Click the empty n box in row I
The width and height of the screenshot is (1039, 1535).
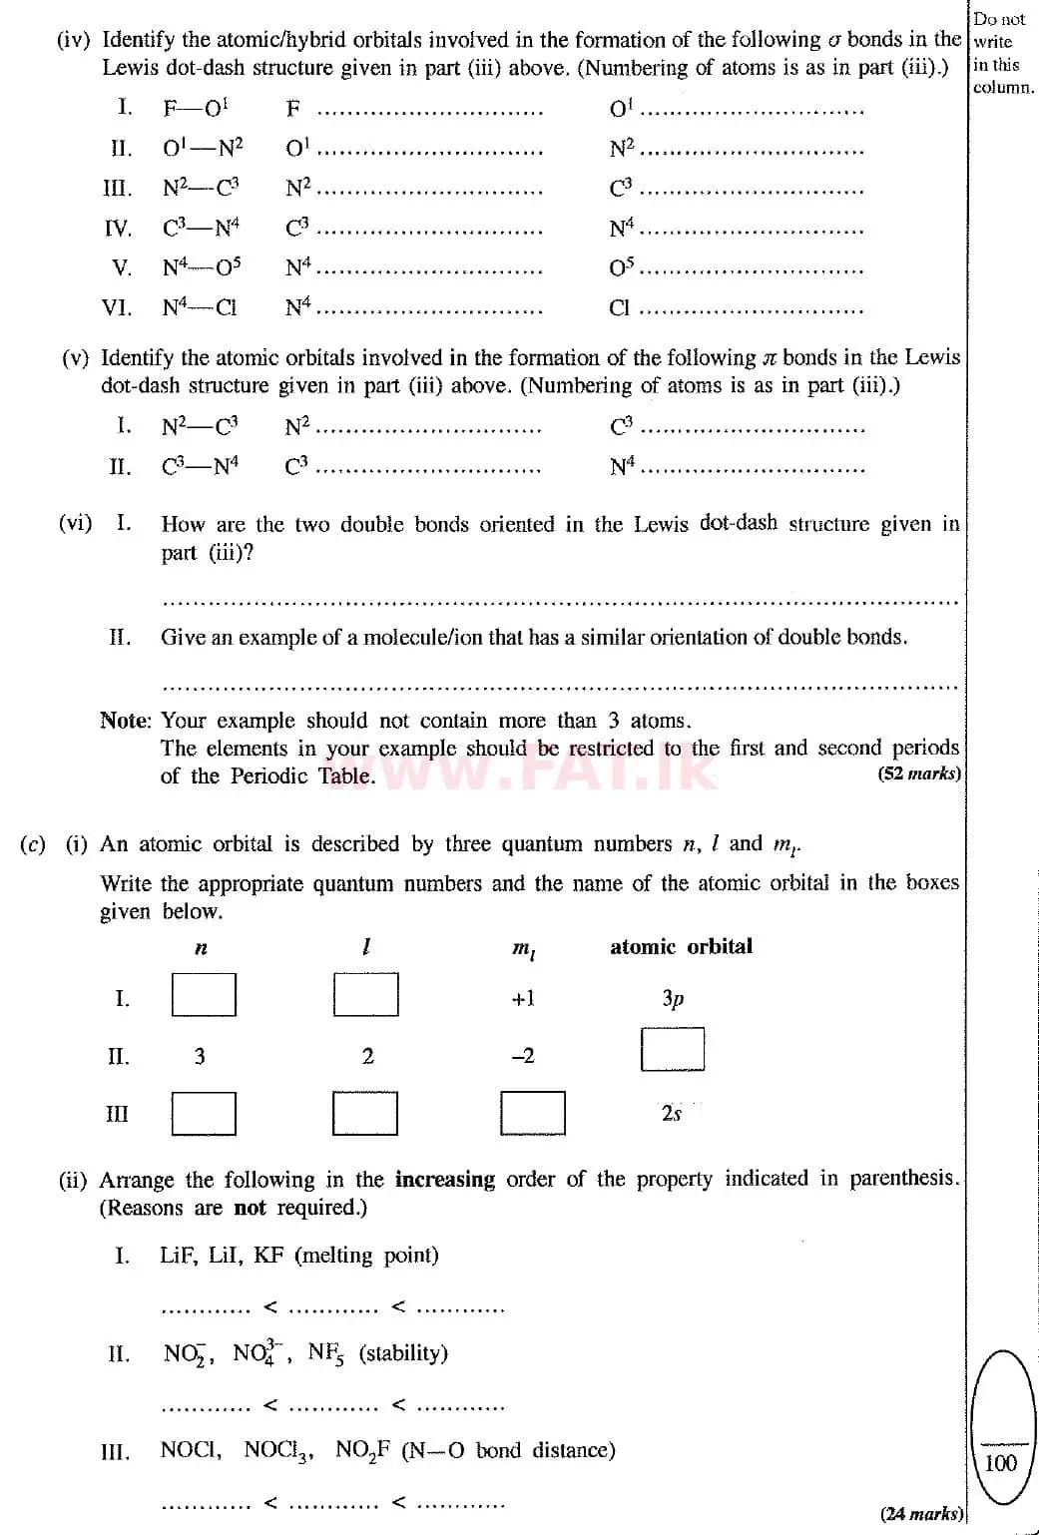[204, 994]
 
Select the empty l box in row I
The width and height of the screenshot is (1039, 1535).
[365, 994]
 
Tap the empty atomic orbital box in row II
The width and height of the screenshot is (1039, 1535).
[672, 1049]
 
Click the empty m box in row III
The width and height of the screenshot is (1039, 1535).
[532, 1113]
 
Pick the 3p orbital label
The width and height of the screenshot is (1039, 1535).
[673, 998]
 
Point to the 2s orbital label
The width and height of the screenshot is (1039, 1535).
[671, 1113]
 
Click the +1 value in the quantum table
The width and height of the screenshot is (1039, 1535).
[523, 998]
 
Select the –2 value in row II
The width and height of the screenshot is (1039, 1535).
[523, 1056]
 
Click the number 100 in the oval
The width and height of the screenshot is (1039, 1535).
[1000, 1463]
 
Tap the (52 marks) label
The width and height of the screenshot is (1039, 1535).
[919, 773]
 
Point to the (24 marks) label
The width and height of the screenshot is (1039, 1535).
[920, 1513]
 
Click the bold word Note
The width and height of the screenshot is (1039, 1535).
[126, 721]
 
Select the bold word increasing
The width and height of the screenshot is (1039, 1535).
[444, 1179]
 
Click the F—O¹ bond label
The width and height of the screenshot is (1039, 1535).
[196, 108]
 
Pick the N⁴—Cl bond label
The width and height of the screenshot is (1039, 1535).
[200, 307]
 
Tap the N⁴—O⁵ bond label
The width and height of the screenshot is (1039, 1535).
[202, 267]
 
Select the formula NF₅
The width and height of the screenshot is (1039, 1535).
[325, 1353]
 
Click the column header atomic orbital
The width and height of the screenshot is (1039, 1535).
[681, 946]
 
